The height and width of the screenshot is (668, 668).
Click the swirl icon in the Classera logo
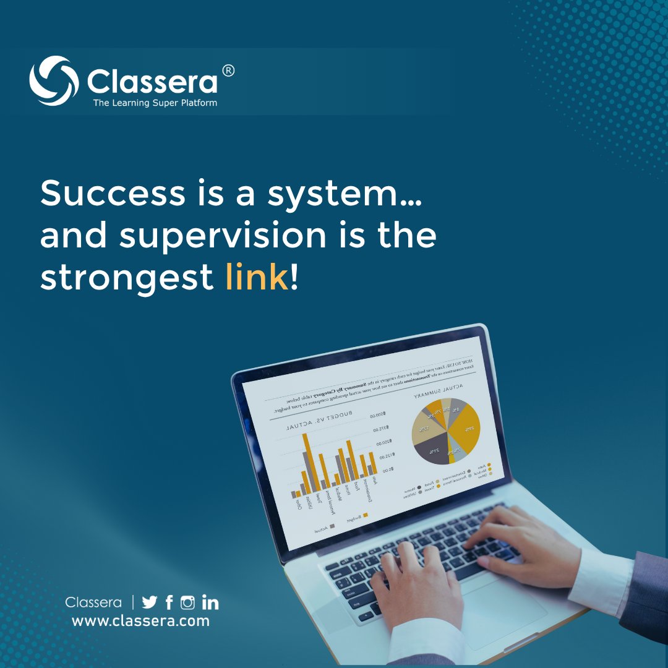(x=54, y=81)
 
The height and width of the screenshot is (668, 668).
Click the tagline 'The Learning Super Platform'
(x=155, y=103)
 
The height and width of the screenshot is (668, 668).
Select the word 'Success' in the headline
(x=111, y=194)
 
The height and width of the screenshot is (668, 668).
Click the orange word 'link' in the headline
(x=257, y=278)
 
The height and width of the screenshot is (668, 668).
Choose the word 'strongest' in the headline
(x=127, y=278)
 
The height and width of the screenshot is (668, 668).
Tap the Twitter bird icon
(x=150, y=602)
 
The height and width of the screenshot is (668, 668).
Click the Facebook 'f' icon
(x=169, y=602)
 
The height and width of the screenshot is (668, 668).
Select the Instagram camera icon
(x=187, y=602)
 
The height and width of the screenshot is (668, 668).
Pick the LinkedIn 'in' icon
(x=210, y=602)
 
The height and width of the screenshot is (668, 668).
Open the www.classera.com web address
(x=140, y=621)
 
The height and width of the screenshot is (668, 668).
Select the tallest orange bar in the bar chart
(x=312, y=461)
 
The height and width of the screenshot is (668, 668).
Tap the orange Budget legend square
(x=366, y=515)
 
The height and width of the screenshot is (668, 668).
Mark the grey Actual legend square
(x=332, y=526)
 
